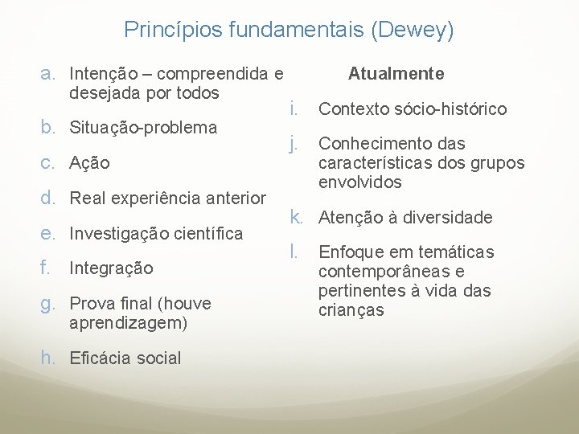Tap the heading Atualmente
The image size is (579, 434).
click(x=396, y=74)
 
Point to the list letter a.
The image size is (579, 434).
click(x=48, y=74)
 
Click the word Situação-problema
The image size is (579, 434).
click(x=144, y=128)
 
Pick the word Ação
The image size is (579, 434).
click(x=90, y=163)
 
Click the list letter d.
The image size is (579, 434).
click(x=48, y=198)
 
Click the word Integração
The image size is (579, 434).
click(x=111, y=268)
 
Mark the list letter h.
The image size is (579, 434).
click(x=48, y=358)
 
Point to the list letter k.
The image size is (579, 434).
click(x=296, y=217)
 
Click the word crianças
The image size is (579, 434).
click(x=351, y=310)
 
